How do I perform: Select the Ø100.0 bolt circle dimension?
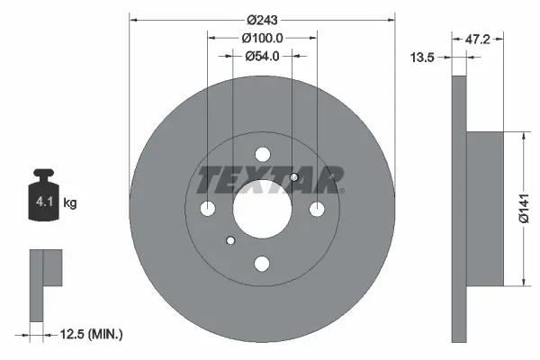click(263, 38)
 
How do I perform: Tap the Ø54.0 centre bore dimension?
click(263, 56)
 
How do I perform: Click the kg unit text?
click(70, 203)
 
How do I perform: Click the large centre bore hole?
click(262, 209)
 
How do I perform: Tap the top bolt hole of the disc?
click(262, 154)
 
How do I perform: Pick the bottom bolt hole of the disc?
click(262, 264)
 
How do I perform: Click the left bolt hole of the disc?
click(207, 209)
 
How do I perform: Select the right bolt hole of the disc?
click(317, 209)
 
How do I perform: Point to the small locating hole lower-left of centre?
click(230, 240)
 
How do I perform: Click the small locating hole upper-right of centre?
click(294, 177)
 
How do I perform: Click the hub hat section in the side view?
click(486, 209)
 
